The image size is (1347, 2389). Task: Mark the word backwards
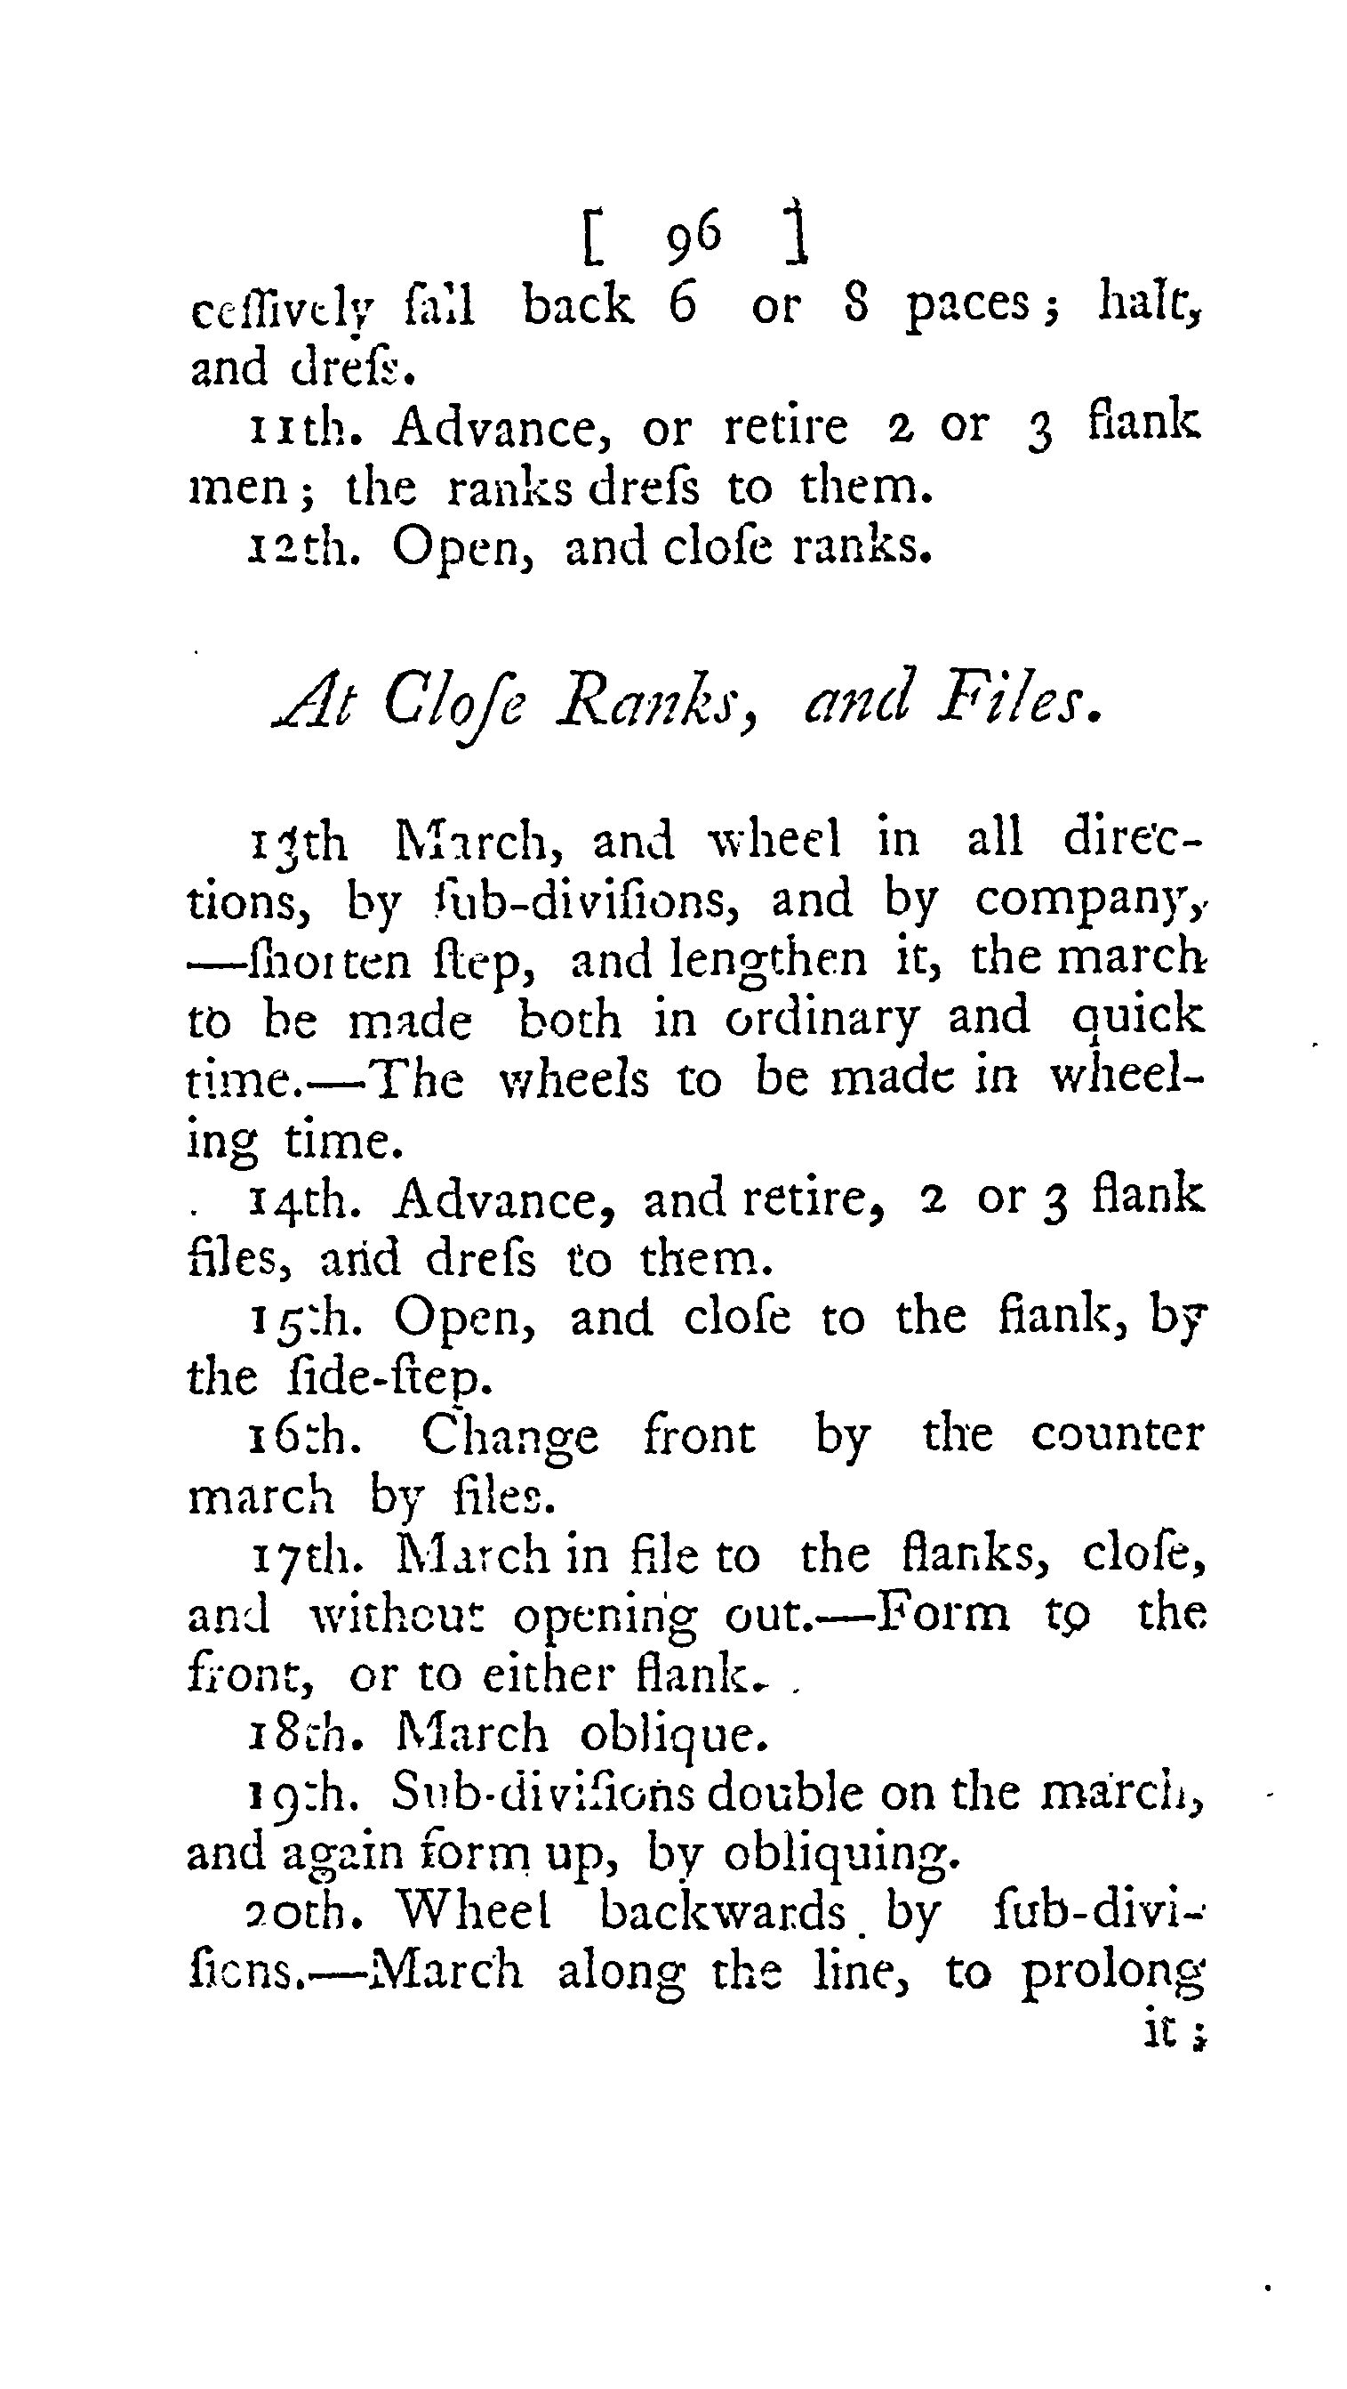722,1912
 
